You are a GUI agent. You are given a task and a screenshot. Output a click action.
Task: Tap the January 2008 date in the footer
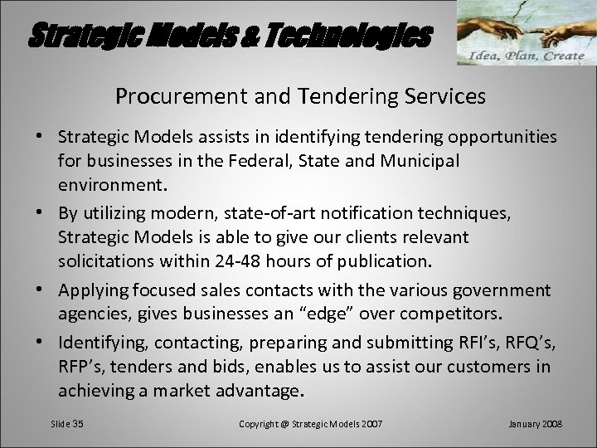coord(535,423)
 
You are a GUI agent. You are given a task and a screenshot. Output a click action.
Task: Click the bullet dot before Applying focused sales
coord(44,290)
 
